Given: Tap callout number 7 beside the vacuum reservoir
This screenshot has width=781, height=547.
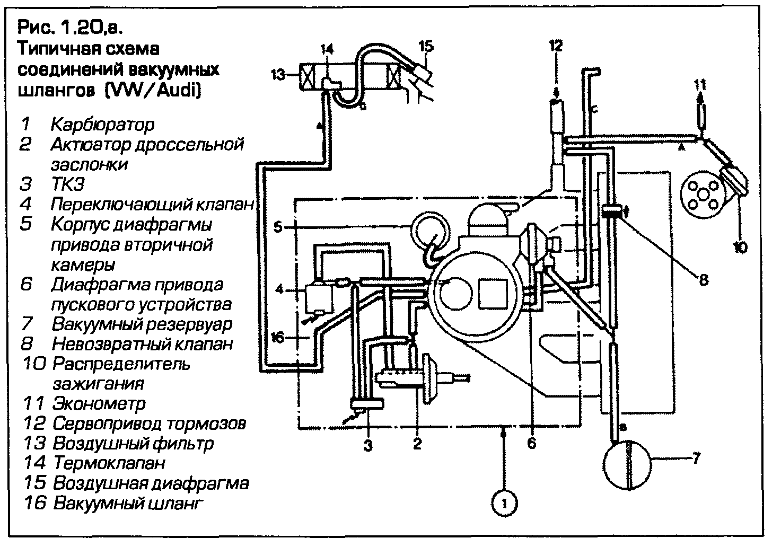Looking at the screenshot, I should coord(697,457).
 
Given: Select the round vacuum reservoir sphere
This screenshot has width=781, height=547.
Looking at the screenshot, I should coord(628,465).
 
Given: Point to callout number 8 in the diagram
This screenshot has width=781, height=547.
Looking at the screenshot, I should coord(703,279).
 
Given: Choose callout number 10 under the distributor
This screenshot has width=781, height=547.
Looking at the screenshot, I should coord(740,246).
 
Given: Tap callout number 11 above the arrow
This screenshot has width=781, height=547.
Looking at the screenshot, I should coord(700,84).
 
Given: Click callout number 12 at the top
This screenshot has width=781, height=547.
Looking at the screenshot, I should coord(555,45).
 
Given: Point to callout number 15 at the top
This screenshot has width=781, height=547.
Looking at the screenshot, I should coord(425,46).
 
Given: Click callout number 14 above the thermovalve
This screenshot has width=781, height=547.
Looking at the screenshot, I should coord(328,50).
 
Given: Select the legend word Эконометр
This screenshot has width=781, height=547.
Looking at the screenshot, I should coord(99,403).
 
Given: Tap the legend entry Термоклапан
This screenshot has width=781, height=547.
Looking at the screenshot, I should coord(109,463).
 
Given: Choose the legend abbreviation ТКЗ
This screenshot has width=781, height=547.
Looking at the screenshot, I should coord(68,184).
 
